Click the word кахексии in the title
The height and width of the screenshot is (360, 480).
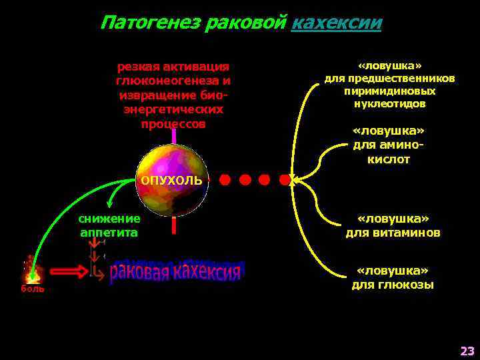pyautogui.click(x=337, y=23)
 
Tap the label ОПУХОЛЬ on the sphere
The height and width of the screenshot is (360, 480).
pyautogui.click(x=171, y=181)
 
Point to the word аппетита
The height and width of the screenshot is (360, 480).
pyautogui.click(x=109, y=233)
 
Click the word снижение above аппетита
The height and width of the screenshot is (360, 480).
pyautogui.click(x=109, y=219)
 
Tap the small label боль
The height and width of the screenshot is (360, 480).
pyautogui.click(x=33, y=289)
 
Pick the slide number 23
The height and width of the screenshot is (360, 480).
pyautogui.click(x=467, y=351)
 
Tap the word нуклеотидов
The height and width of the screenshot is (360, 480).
pyautogui.click(x=390, y=104)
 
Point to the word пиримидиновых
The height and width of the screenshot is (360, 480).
pyautogui.click(x=390, y=91)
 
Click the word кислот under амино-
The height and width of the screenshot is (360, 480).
pyautogui.click(x=389, y=160)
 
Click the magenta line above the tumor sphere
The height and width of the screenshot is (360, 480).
pyautogui.click(x=173, y=136)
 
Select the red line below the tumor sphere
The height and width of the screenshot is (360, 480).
pyautogui.click(x=173, y=225)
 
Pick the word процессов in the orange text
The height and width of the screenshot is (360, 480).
pyautogui.click(x=173, y=123)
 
